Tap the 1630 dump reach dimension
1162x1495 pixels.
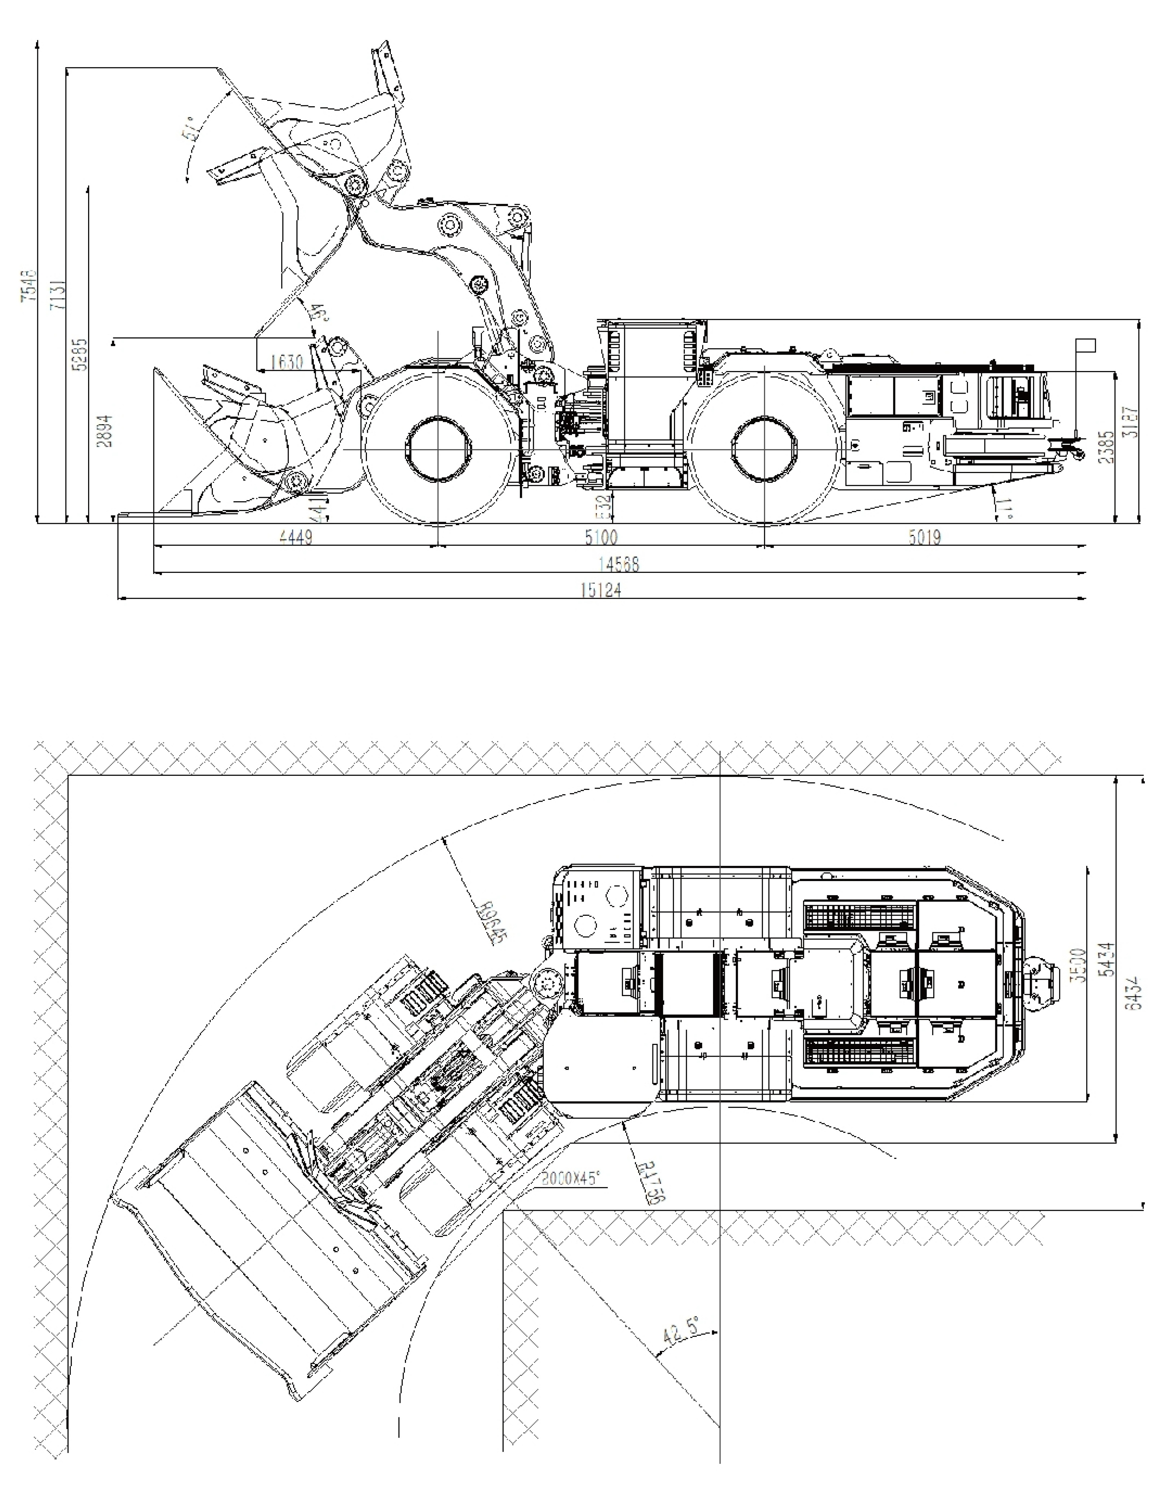point(286,361)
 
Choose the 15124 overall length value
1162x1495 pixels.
point(601,590)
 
